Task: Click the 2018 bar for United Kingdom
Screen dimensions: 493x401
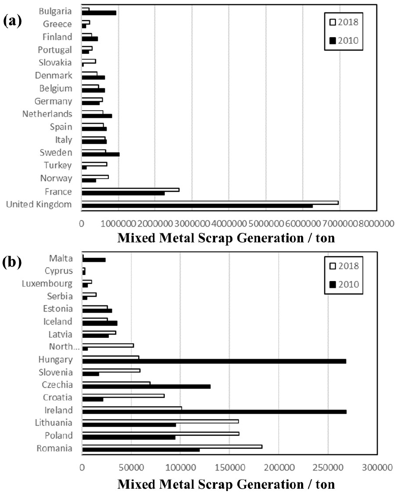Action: click(210, 202)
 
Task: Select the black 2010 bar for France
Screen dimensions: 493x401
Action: click(123, 193)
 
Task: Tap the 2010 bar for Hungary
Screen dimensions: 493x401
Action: click(214, 361)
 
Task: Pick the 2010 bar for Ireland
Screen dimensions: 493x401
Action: click(214, 411)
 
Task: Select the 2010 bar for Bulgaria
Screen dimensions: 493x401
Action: click(99, 13)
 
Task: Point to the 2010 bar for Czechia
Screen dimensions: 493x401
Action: click(146, 386)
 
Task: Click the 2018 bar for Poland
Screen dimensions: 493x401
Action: click(161, 433)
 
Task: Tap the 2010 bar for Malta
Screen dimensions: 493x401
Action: click(94, 260)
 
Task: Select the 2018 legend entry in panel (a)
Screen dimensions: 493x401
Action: click(344, 21)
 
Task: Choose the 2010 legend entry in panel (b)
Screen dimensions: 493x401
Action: click(344, 284)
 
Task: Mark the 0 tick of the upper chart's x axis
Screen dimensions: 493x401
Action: click(82, 223)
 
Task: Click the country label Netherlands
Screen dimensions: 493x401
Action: click(47, 114)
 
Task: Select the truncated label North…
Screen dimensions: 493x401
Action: click(61, 346)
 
